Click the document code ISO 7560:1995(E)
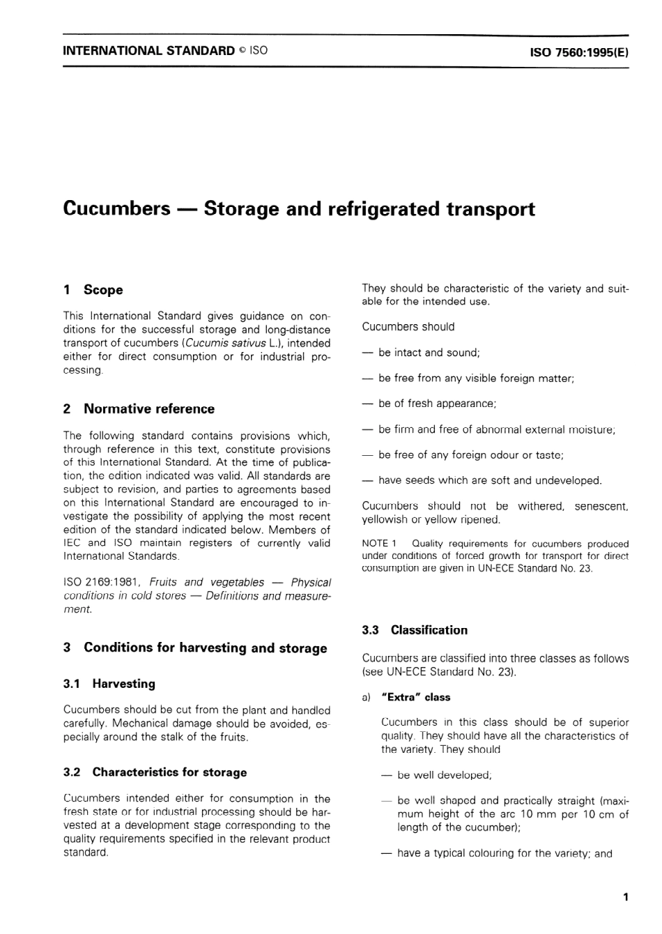579,52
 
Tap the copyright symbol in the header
243,51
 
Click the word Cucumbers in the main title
116,209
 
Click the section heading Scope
103,290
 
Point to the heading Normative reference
148,409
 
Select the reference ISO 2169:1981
102,582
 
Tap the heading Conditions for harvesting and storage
205,648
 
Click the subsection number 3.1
72,684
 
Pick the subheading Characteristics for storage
169,772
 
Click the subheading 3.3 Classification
415,630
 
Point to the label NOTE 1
379,544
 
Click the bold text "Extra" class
416,697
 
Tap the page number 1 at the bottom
626,897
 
